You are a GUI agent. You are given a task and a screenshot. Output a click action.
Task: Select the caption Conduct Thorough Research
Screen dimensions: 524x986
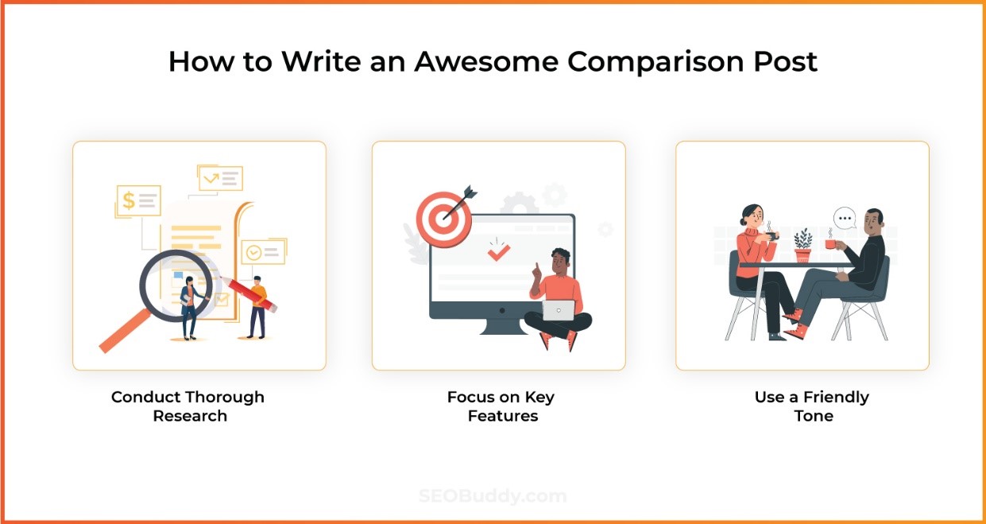(188, 406)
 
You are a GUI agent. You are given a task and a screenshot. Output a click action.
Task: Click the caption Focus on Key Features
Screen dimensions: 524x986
(501, 406)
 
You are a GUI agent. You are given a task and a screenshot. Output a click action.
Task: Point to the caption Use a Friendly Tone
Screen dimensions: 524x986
(812, 406)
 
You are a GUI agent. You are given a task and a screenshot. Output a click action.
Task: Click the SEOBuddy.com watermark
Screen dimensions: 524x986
(493, 497)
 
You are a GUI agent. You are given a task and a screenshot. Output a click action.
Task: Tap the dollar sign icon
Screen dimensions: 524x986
(129, 201)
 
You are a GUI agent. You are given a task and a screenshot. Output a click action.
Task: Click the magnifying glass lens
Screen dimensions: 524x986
(176, 286)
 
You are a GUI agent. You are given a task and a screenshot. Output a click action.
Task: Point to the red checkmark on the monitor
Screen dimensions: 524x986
(498, 253)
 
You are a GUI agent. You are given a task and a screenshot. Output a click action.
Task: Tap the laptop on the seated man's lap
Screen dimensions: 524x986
(558, 310)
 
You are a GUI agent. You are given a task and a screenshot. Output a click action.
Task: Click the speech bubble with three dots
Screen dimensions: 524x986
(845, 217)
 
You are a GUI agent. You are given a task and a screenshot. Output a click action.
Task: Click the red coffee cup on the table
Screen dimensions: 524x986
(829, 245)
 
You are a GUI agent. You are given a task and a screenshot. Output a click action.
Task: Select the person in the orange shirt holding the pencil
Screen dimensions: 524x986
(257, 306)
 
